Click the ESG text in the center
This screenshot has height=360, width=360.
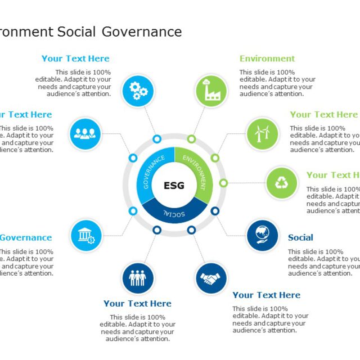(x=173, y=186)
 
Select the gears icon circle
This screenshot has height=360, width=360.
(x=138, y=91)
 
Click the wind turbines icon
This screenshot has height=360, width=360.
(x=262, y=133)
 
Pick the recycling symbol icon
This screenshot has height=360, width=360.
(x=281, y=183)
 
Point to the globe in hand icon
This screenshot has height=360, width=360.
(x=262, y=235)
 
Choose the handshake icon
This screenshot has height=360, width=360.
(x=211, y=278)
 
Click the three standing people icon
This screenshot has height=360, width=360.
(x=138, y=278)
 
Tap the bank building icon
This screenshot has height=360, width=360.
(x=86, y=235)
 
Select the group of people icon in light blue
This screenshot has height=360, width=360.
(x=86, y=133)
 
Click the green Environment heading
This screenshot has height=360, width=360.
(x=267, y=58)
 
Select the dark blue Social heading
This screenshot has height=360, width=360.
(x=300, y=237)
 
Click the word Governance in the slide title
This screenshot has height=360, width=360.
(x=142, y=31)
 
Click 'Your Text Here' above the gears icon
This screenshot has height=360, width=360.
(x=75, y=58)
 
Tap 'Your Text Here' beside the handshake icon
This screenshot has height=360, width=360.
(x=266, y=295)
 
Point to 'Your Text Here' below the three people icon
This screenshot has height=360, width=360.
(x=137, y=303)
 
